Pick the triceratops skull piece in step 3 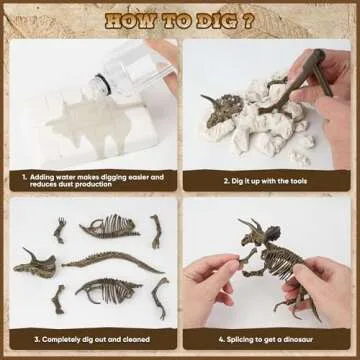(37, 264)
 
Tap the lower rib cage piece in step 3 (107, 293)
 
